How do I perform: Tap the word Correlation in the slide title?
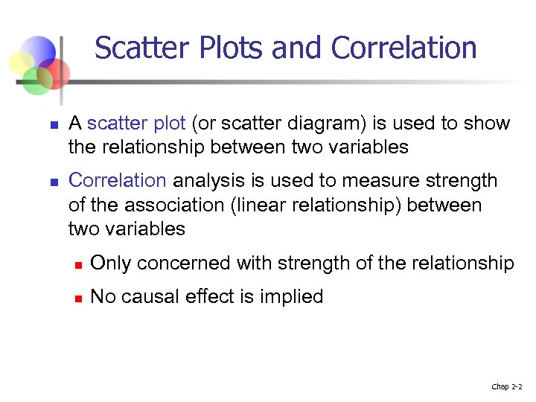pos(403,48)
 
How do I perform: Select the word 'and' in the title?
pos(299,48)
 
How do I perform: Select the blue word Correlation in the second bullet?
pos(117,181)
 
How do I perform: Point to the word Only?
pos(111,264)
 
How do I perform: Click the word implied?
pos(291,297)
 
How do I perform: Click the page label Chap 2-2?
pos(506,387)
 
